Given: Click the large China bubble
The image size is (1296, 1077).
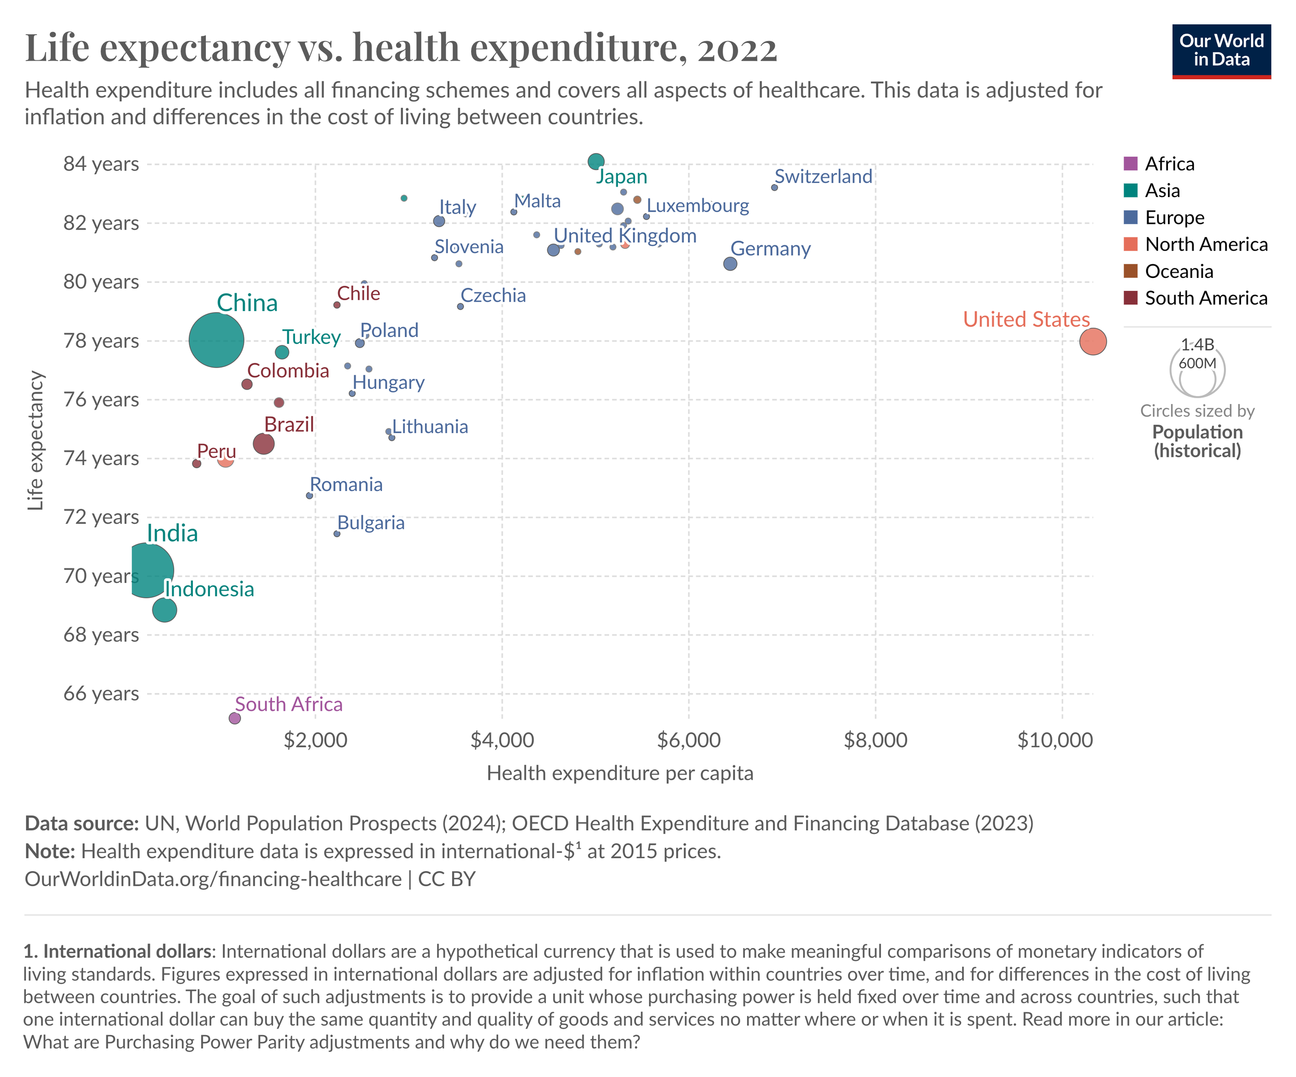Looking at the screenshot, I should click(216, 340).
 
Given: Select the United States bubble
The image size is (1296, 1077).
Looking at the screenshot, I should click(1093, 341).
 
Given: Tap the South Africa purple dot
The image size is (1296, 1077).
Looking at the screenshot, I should click(234, 718).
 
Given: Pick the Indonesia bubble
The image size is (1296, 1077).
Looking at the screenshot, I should click(164, 610).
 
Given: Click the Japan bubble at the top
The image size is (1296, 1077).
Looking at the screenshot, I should click(596, 162).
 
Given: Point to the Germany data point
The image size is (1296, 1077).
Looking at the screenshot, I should click(730, 263).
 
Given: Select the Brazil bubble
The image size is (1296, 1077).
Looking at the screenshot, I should click(263, 444).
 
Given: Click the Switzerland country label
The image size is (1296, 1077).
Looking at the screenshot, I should click(823, 176).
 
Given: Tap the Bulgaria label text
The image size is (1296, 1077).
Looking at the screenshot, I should click(371, 523).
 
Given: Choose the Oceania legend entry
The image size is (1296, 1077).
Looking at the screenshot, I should click(1179, 272).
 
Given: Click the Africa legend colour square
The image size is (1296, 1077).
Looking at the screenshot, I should click(1131, 163).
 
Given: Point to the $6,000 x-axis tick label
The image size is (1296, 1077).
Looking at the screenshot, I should click(689, 740).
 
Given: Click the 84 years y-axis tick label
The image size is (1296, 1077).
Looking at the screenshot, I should click(101, 164).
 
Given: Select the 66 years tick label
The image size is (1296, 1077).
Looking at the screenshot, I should click(101, 694).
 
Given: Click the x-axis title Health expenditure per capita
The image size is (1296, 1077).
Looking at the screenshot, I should click(619, 773).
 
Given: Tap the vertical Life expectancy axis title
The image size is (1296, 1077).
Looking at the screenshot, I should click(36, 441).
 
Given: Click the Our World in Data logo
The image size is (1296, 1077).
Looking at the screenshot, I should click(1221, 51).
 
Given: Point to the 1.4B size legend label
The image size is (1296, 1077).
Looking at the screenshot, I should click(1198, 344).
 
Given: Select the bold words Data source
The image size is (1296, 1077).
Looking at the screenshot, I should click(81, 823).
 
